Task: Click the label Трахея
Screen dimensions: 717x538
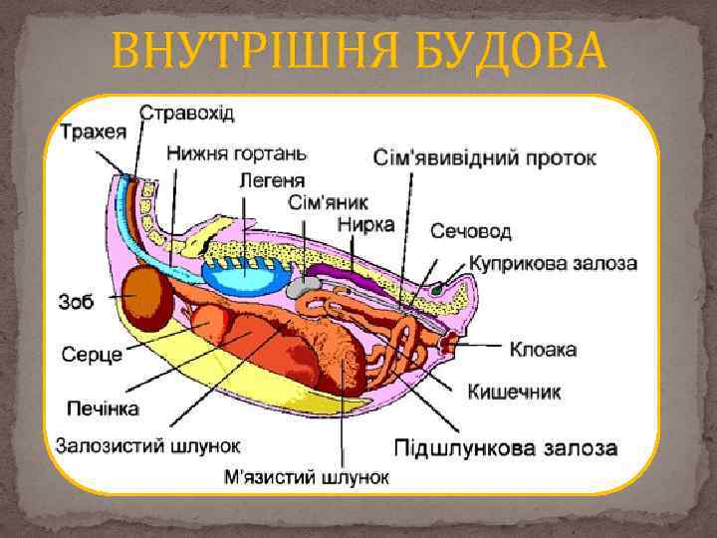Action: tap(93, 130)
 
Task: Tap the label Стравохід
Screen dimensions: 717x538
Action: tap(186, 112)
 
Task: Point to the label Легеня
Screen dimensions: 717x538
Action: tap(271, 180)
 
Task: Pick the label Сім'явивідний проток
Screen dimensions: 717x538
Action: tap(485, 157)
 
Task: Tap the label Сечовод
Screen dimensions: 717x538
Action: tap(471, 232)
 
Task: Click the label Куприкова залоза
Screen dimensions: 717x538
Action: tap(554, 264)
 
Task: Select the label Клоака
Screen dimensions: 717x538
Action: tap(543, 350)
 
